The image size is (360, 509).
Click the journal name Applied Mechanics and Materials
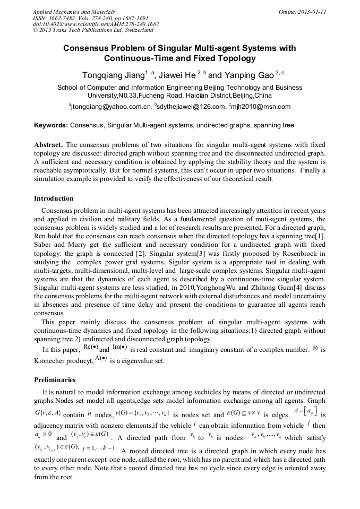73,11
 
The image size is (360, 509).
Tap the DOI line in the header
96,24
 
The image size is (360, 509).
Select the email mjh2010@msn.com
260,107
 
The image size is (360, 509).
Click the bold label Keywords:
51,125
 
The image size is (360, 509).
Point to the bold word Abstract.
49,144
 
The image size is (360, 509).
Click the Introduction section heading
54,199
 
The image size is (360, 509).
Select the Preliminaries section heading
55,380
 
